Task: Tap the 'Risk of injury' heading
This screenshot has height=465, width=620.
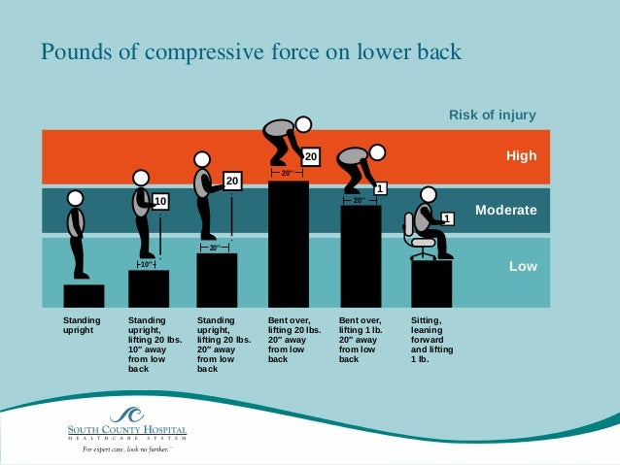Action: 492,116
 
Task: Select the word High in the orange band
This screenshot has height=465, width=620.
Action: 521,155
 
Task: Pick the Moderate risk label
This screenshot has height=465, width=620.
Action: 505,210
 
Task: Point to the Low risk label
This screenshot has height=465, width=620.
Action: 524,265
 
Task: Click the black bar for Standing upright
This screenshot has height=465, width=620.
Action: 84,295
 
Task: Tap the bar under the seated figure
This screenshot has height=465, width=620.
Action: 431,283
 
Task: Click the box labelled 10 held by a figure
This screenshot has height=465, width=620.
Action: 160,202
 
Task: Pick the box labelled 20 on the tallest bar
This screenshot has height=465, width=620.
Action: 310,155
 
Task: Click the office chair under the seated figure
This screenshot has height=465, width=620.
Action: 419,239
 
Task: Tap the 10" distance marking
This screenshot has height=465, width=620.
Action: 147,264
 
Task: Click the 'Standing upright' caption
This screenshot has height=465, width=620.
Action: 82,324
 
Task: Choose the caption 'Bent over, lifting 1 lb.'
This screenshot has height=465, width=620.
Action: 360,339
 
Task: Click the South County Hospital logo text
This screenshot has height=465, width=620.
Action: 126,430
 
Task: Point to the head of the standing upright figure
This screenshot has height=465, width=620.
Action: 76,198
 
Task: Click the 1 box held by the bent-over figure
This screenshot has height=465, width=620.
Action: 381,188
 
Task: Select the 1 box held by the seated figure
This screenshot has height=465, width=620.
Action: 447,218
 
